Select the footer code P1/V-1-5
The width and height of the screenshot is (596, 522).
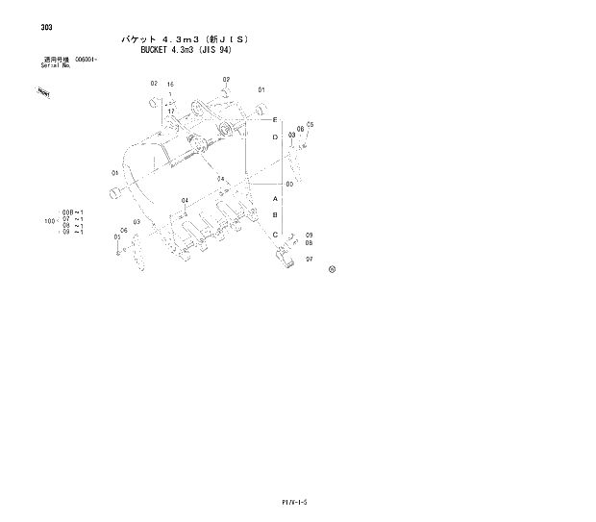(x=299, y=503)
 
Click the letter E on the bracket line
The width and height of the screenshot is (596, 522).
(x=275, y=120)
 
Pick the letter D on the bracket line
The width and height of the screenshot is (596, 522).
(x=275, y=138)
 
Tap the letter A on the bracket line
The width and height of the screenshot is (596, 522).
(x=275, y=198)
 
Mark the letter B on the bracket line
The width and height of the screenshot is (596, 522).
(x=275, y=216)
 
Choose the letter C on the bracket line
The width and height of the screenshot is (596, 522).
(x=275, y=235)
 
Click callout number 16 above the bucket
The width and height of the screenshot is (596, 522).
(x=170, y=85)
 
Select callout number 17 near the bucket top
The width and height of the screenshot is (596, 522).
(x=170, y=112)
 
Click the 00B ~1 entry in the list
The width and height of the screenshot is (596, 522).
(x=73, y=211)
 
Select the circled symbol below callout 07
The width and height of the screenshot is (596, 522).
(x=332, y=270)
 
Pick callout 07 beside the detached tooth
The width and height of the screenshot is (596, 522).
(x=309, y=260)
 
